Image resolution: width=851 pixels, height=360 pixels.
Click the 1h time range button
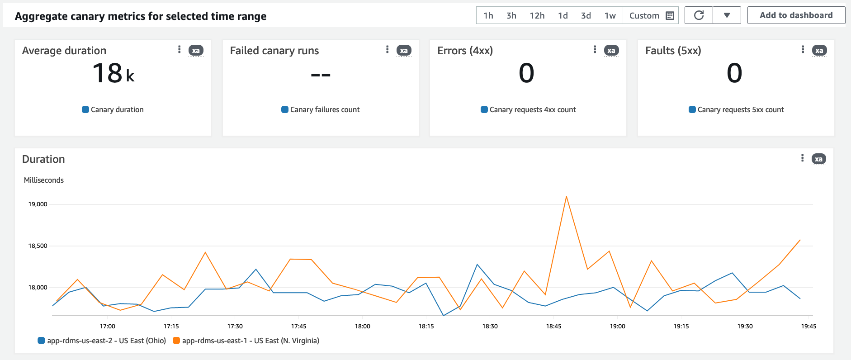coord(488,16)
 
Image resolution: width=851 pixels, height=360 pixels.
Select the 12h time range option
coord(537,16)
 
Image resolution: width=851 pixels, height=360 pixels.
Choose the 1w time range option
coord(610,16)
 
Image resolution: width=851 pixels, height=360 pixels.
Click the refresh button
coord(699,15)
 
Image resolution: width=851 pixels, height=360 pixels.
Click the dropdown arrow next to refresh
coord(727,15)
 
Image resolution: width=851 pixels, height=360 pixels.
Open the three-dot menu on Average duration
coord(180,50)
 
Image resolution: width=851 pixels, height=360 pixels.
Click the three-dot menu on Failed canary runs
coord(387,50)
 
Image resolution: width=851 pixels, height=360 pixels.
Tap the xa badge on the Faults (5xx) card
coord(819,51)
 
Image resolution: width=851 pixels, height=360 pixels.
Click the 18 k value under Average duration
coord(113,73)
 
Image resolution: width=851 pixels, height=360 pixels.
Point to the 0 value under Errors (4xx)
coord(526,73)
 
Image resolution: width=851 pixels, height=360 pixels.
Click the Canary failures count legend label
coord(324,109)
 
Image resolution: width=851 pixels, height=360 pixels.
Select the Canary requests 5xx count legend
coord(740,109)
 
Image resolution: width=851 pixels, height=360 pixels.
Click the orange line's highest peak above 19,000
coord(566,197)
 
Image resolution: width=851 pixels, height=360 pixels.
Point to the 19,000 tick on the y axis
coord(38,204)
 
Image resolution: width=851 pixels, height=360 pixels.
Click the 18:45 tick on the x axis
coord(553,326)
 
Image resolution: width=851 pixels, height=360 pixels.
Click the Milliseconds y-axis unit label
coord(44,180)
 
